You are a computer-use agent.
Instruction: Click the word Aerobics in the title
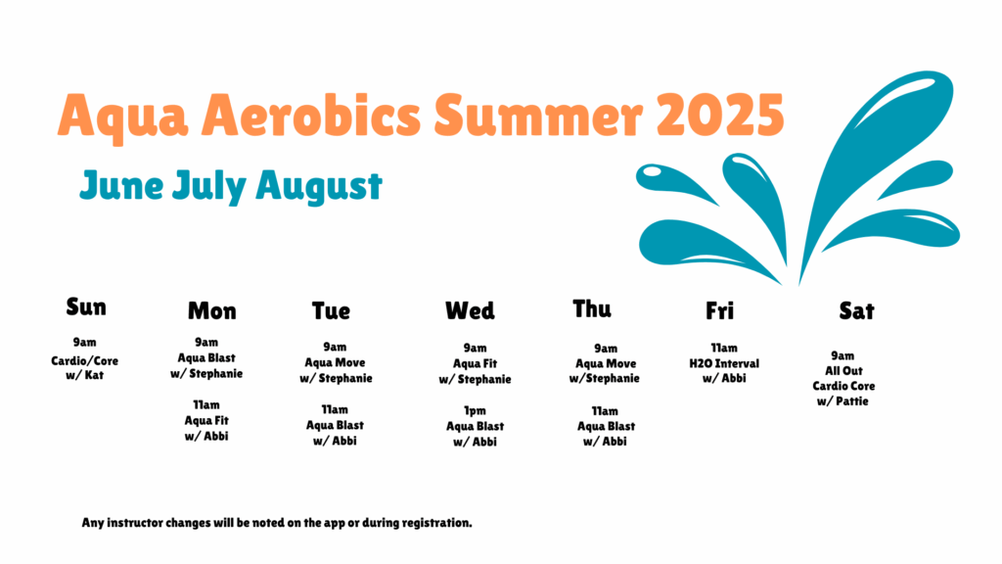coord(311,116)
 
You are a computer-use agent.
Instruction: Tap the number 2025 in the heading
coord(720,116)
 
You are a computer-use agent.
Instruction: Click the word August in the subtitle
coord(319,187)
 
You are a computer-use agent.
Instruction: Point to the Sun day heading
coord(86,306)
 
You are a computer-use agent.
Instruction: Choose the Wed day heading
coord(470,310)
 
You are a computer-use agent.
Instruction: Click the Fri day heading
coord(719,310)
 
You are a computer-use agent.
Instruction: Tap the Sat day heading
coord(856,310)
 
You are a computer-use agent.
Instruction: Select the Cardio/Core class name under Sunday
coord(84,360)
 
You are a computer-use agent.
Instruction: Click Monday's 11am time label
coord(206,404)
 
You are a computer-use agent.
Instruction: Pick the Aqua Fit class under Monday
coord(206,421)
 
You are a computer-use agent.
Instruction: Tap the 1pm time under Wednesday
coord(475,410)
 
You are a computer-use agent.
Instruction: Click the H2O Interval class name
coord(724,363)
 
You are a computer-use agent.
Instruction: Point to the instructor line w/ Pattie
coord(843,401)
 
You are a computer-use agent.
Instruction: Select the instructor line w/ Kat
coord(84,375)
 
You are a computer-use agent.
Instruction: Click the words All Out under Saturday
coord(843,371)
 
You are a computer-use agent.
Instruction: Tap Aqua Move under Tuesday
coord(335,362)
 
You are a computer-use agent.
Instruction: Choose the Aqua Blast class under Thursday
coord(606,426)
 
